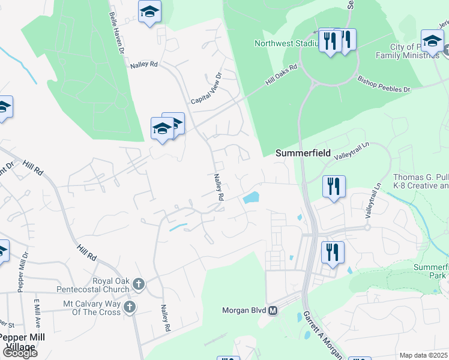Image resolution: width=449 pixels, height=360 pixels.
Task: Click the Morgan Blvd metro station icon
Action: (273, 310)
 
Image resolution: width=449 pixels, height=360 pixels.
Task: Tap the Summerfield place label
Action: (303, 153)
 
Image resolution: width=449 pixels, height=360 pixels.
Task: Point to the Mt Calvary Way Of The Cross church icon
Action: (129, 308)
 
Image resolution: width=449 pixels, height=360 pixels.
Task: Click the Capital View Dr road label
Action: (206, 88)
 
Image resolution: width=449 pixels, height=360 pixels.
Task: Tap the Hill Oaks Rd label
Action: (282, 76)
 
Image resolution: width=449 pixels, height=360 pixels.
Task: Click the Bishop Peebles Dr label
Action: (384, 83)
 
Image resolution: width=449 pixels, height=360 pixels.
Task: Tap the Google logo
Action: (19, 353)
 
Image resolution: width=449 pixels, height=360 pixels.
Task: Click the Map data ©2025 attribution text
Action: (423, 355)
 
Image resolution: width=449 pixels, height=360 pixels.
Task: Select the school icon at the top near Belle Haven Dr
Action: (149, 12)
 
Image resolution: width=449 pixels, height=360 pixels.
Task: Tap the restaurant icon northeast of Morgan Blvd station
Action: (333, 252)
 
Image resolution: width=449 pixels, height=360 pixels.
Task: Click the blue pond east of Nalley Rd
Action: (252, 197)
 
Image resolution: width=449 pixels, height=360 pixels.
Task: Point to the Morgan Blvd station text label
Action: (244, 310)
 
